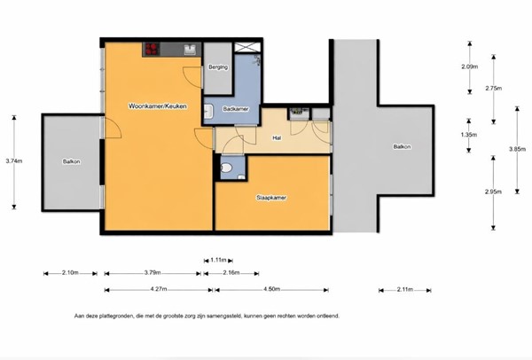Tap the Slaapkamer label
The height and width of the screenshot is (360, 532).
(270, 198)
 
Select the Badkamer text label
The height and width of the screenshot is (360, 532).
(234, 108)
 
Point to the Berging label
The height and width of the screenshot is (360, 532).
(217, 67)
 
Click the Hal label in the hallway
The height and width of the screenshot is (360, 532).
(277, 137)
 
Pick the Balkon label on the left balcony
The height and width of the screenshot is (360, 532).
(71, 161)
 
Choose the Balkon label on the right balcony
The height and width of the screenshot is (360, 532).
(402, 147)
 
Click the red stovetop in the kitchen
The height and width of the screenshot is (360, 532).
(150, 49)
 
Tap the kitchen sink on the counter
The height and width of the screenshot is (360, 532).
(189, 50)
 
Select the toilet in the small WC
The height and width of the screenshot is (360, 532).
(227, 167)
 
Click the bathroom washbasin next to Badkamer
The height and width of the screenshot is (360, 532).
(207, 112)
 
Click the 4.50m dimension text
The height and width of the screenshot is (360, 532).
(271, 289)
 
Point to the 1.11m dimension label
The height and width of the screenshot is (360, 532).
(219, 260)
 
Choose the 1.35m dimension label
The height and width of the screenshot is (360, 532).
(470, 135)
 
